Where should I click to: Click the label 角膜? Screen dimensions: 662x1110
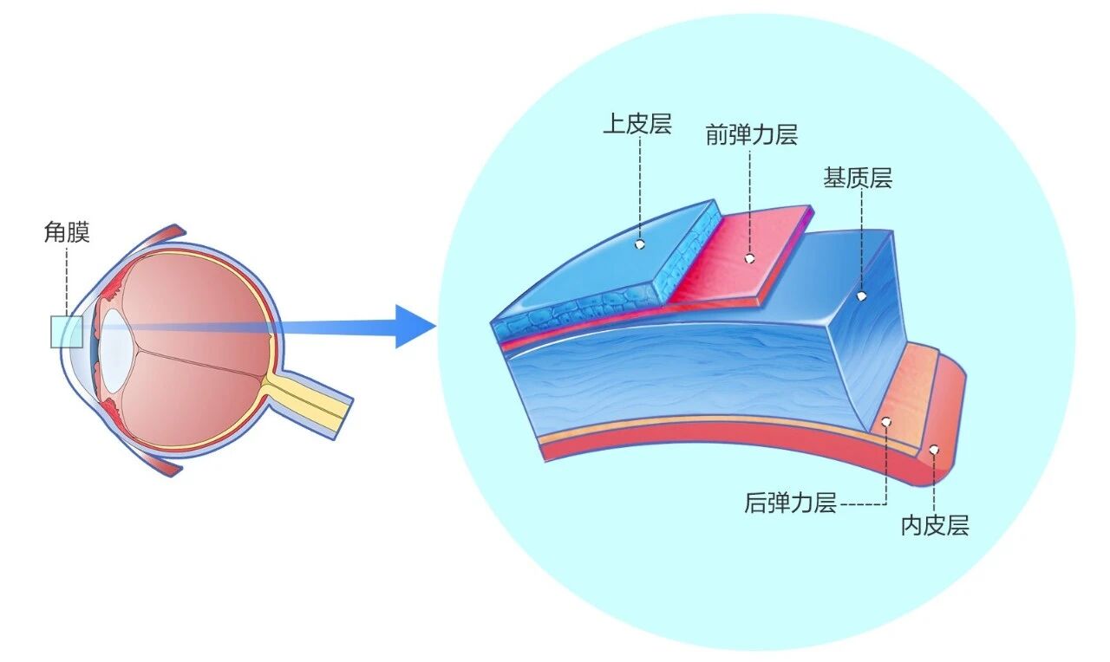[67, 232]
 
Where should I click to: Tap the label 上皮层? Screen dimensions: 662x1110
[637, 124]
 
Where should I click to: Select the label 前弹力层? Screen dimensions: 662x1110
[751, 135]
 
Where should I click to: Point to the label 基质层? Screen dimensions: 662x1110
[858, 178]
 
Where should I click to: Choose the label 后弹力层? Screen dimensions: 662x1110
[789, 503]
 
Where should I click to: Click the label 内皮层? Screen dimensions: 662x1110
[934, 524]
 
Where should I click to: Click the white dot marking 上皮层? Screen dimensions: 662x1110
[640, 245]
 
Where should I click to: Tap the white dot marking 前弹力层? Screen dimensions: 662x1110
[749, 258]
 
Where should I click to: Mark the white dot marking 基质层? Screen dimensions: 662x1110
[862, 296]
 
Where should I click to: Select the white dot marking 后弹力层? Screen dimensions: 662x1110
[886, 422]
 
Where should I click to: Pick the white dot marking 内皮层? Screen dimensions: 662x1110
[934, 450]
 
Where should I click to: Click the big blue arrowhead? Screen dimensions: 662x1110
[415, 327]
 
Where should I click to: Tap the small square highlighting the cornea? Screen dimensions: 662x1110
[66, 332]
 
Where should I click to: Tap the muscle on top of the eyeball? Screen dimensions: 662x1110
[165, 236]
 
